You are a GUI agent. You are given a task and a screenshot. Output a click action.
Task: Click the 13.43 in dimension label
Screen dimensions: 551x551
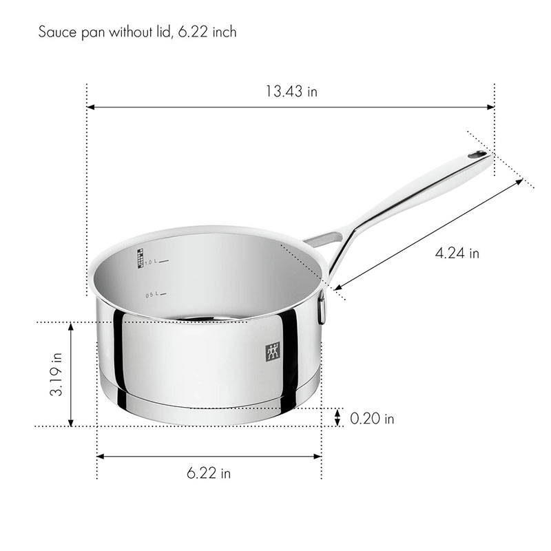pos(291,92)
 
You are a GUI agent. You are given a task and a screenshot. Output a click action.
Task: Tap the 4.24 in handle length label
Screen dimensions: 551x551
pos(457,253)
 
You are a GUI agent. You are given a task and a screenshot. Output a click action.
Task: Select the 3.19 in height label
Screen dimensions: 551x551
pos(56,374)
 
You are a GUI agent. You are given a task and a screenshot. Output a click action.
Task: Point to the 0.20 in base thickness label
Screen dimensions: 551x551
pos(372,419)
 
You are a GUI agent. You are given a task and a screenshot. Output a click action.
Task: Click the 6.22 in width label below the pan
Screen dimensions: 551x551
pos(209,473)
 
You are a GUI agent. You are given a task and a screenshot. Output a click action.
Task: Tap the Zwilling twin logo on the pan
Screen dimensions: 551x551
pos(272,351)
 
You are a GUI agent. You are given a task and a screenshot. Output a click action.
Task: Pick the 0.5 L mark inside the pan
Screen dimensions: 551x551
pos(156,295)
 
